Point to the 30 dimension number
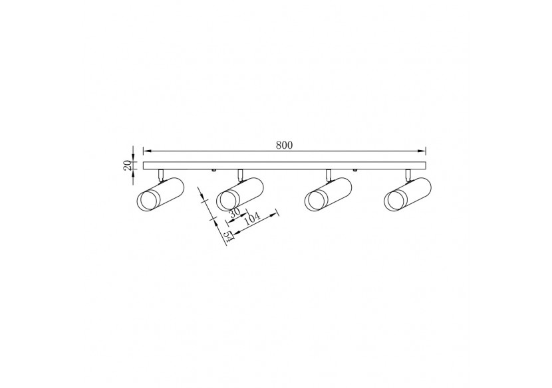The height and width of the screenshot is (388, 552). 233,213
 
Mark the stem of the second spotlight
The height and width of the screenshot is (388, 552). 241,174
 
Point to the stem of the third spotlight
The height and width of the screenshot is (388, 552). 329,174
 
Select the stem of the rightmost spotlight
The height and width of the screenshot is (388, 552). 408,174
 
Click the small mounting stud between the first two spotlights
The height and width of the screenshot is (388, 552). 213,171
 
